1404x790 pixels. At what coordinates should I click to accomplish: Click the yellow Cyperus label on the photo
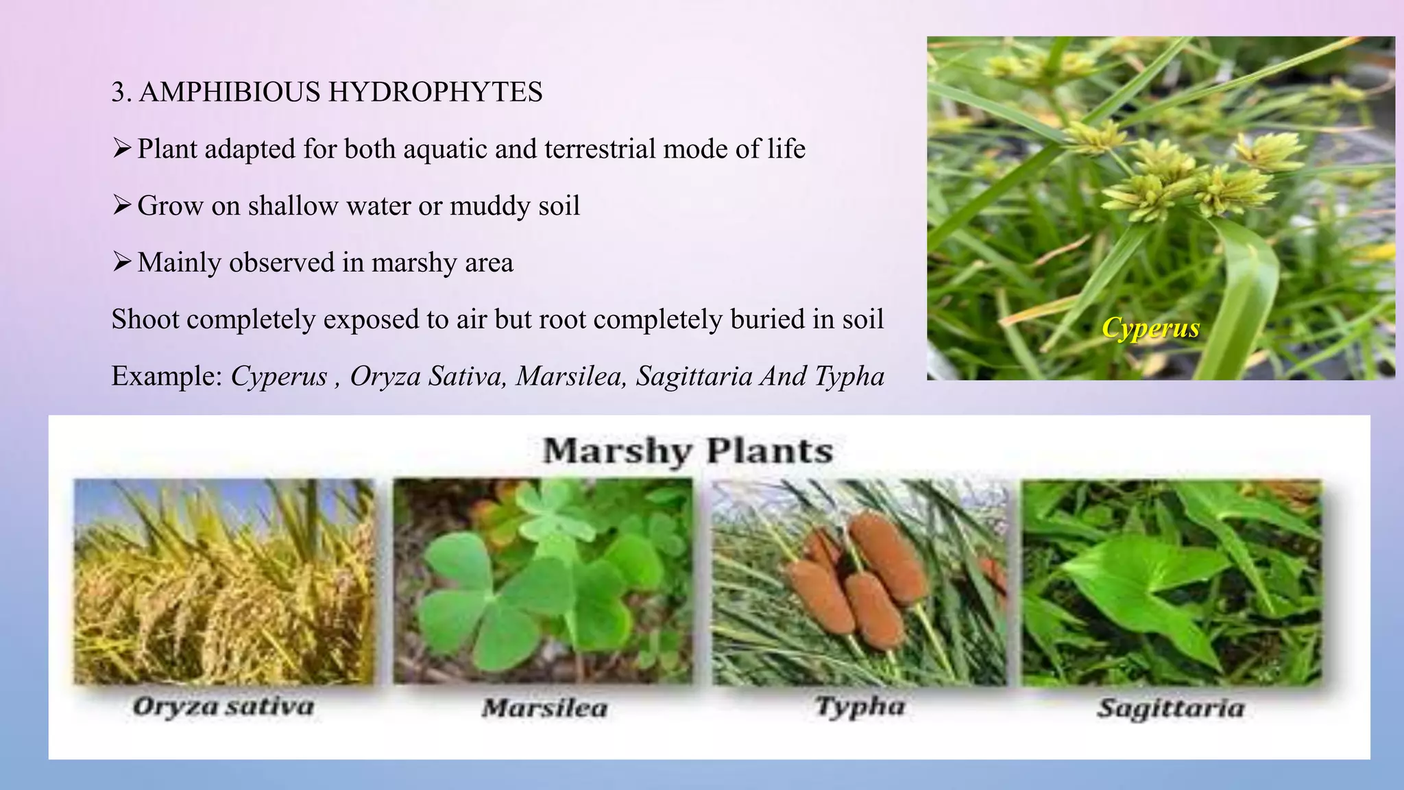1150,328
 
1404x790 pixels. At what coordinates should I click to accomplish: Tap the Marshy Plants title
688,451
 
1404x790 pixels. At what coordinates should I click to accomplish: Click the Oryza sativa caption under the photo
223,706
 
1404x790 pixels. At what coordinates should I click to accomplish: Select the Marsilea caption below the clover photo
544,708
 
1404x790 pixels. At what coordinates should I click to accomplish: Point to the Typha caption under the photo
860,706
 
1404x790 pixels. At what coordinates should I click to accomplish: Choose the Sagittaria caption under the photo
1171,708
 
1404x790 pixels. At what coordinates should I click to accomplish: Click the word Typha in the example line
849,376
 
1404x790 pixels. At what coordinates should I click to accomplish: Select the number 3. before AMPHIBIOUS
121,92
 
